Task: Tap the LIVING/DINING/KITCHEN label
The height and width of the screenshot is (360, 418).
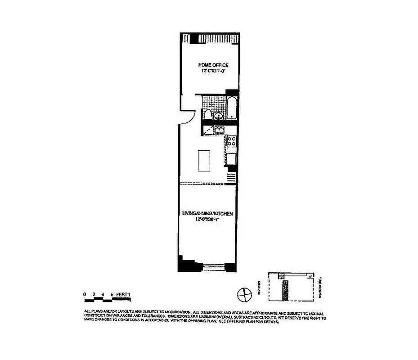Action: coord(207,214)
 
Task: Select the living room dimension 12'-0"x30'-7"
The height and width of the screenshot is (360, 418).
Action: coord(207,220)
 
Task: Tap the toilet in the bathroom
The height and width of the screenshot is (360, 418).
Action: coord(207,115)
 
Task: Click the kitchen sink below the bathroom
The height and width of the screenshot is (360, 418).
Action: coord(219,131)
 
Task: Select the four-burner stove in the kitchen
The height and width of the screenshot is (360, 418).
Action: coord(231,143)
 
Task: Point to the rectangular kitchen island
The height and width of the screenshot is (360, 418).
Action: coord(204,160)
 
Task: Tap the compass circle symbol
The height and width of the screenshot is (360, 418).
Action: coord(243,295)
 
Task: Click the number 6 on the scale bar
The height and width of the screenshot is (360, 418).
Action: coord(112,295)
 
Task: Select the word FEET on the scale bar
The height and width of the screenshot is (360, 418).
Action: coord(121,295)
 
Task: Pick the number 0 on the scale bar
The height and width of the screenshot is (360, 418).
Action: coord(85,295)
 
